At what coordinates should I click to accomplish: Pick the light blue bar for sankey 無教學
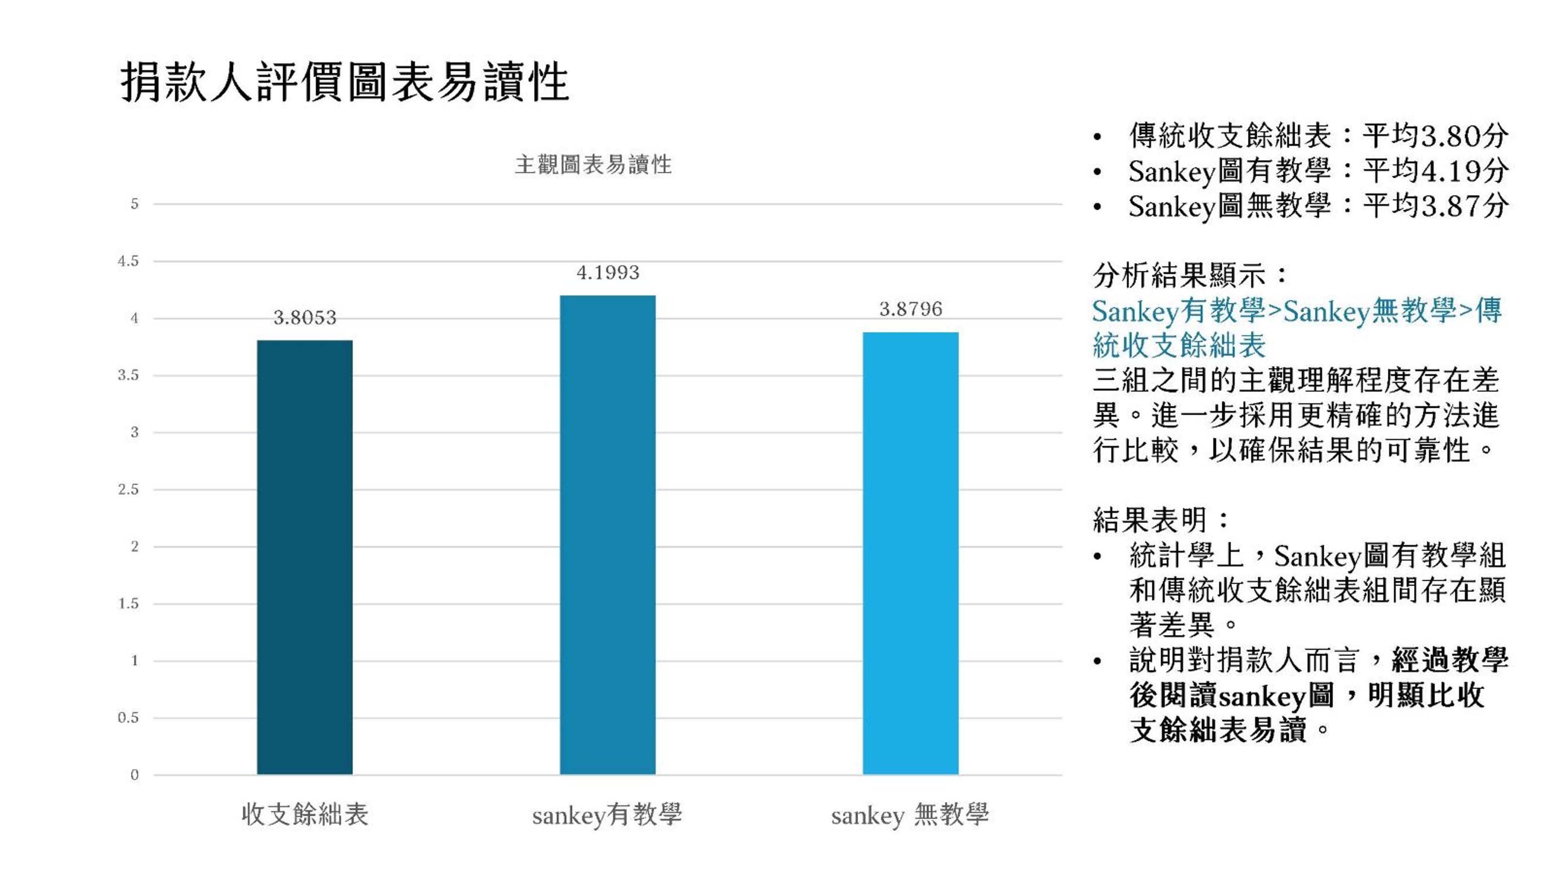coord(910,552)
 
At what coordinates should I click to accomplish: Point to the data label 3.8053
coord(305,317)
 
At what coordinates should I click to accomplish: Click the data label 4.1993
coord(607,273)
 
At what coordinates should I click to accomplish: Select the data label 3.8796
coord(910,309)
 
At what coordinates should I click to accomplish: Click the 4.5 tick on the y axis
coord(128,261)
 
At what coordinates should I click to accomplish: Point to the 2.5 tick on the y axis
coord(128,489)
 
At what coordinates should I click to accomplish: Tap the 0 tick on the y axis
coord(134,775)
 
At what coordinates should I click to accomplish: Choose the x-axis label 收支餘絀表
coord(305,814)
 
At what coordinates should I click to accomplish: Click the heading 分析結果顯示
coord(1180,276)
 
